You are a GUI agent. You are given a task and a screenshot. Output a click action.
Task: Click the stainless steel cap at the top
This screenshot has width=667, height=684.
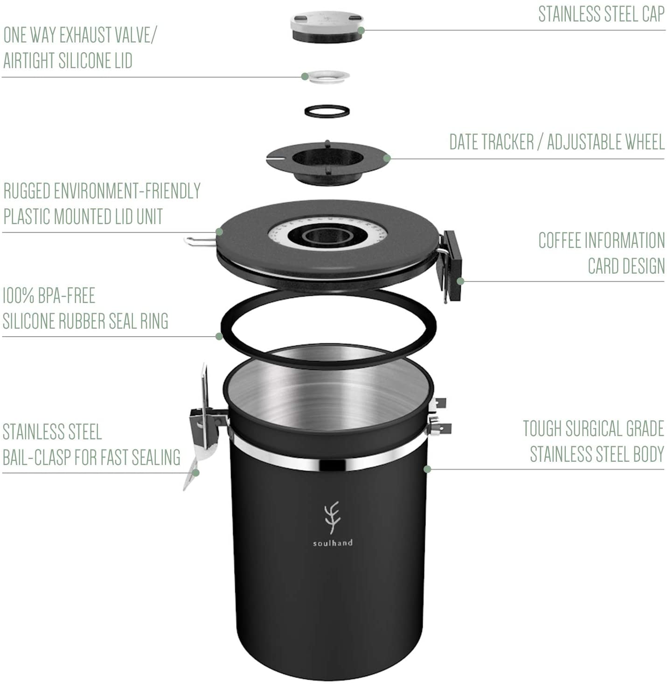coord(327,28)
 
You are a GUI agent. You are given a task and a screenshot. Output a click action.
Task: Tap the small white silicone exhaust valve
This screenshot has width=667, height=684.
coord(329,77)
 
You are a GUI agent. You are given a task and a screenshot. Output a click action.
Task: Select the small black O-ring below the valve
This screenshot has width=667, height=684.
coord(327,111)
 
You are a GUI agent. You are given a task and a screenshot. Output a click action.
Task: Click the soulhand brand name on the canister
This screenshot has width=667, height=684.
coord(333,543)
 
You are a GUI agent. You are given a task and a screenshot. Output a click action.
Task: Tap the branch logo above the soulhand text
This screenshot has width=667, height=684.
coord(332,517)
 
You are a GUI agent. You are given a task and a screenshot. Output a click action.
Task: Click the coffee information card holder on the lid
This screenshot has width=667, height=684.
coord(453,265)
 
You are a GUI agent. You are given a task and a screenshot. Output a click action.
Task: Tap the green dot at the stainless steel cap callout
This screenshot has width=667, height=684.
coord(361,30)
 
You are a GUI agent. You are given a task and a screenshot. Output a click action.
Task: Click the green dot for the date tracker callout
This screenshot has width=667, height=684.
coord(387,158)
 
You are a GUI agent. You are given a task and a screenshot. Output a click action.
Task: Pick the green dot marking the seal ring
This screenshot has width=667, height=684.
coord(219,336)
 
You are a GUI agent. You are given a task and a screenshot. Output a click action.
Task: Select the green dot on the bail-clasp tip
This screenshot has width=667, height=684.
coord(196,473)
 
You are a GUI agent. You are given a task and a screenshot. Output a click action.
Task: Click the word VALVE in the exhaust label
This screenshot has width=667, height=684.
coord(134,35)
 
